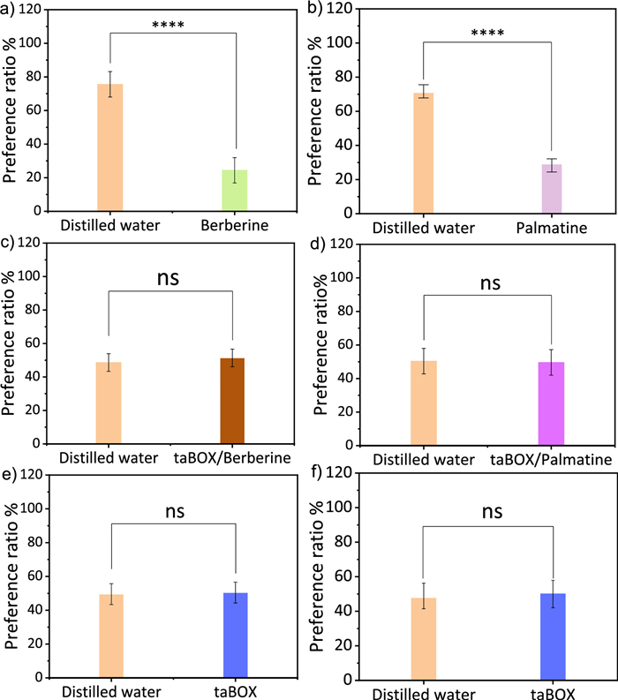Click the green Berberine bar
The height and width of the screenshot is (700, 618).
click(235, 190)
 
